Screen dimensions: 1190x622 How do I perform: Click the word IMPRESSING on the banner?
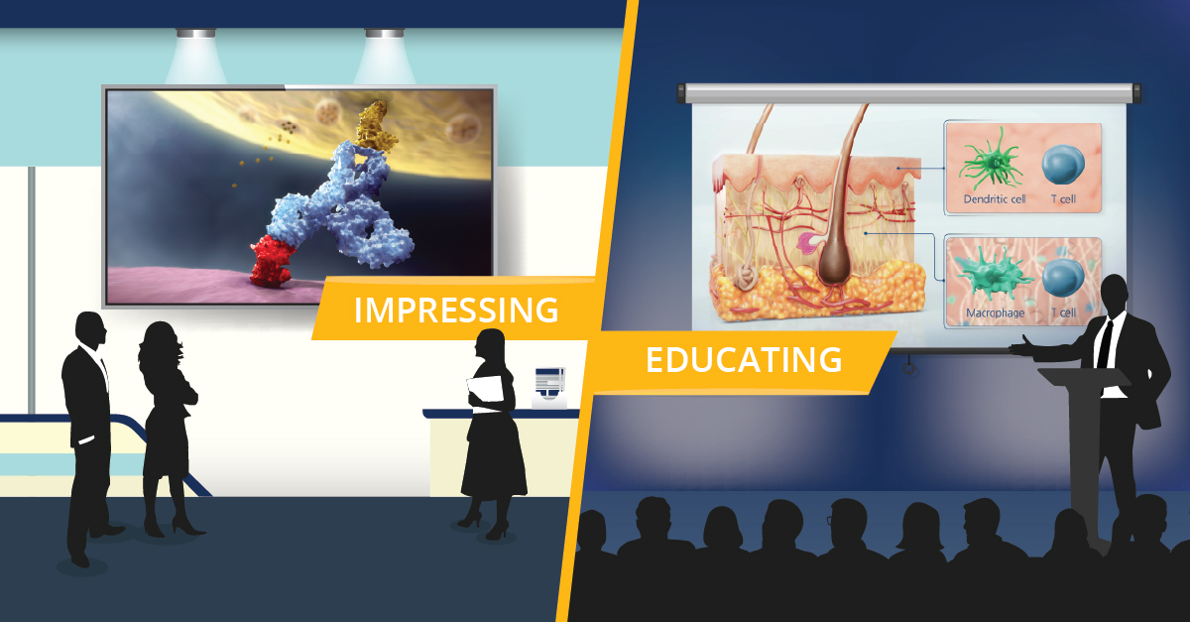tap(456, 310)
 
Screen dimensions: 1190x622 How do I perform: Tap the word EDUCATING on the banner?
tap(744, 360)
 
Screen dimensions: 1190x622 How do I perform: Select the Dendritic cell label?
tap(995, 199)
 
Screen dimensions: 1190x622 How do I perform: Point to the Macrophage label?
tap(995, 313)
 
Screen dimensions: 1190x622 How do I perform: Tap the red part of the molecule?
tap(273, 263)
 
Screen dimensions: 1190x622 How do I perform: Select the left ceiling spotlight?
tap(196, 34)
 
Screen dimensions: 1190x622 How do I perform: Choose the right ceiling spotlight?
tap(384, 34)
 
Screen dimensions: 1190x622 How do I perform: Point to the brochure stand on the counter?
tap(549, 388)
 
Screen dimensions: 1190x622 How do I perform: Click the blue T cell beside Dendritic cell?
tap(1063, 165)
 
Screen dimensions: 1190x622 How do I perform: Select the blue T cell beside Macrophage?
tap(1062, 278)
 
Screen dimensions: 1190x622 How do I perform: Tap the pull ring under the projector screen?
tap(910, 368)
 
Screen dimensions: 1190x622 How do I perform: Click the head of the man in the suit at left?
tap(90, 330)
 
